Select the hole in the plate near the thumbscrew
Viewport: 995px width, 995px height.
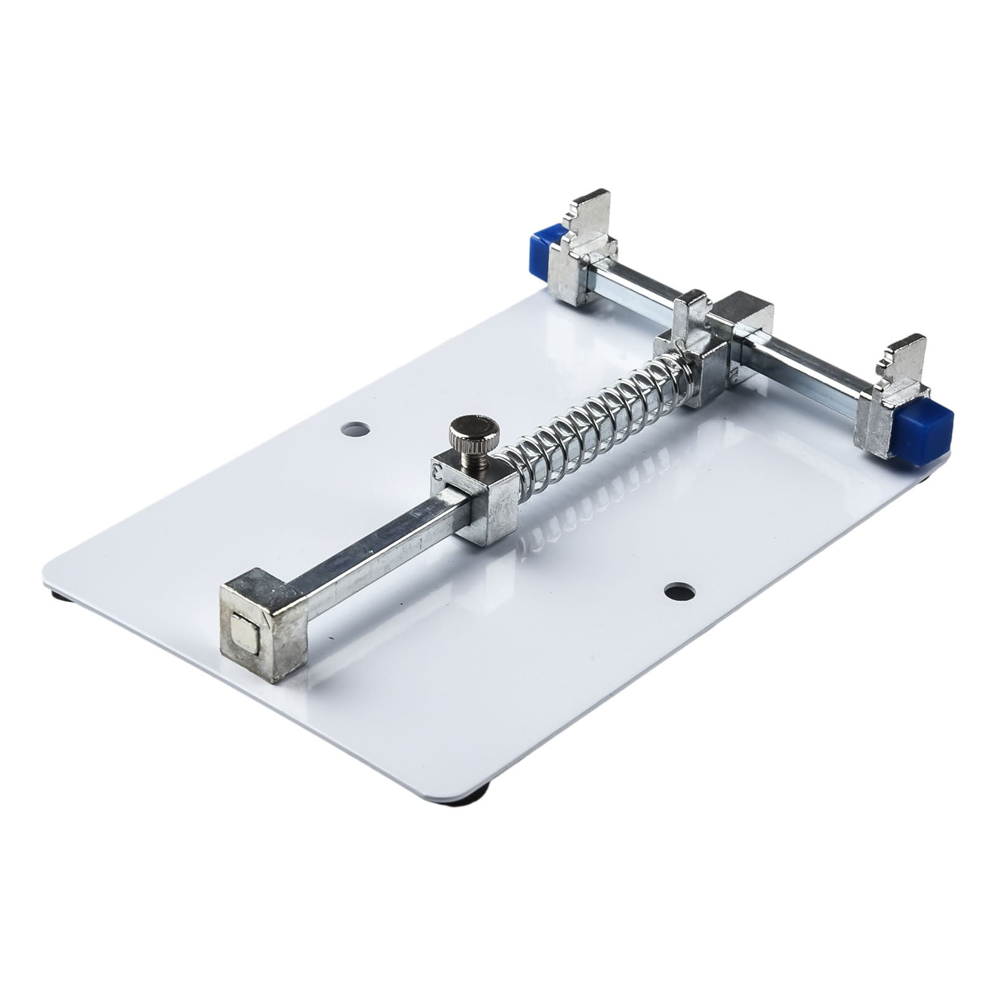click(x=355, y=429)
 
